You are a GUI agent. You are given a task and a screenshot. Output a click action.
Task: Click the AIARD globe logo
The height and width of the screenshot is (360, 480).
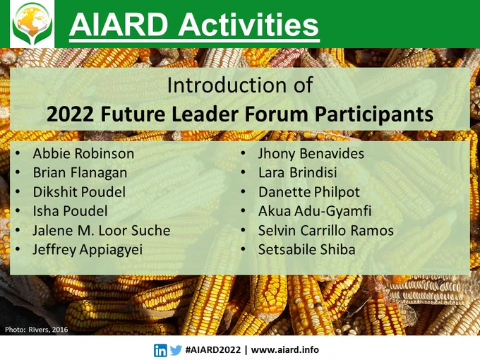pyautogui.click(x=32, y=23)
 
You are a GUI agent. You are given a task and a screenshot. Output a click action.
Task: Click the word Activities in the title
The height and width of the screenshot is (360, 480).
pyautogui.click(x=248, y=25)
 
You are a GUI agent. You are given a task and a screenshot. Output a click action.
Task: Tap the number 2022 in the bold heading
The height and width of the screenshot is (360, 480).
pyautogui.click(x=70, y=114)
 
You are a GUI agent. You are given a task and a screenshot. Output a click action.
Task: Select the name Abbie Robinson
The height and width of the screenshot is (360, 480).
pyautogui.click(x=83, y=153)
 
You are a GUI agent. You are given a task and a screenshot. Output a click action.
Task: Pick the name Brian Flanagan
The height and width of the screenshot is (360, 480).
pyautogui.click(x=80, y=173)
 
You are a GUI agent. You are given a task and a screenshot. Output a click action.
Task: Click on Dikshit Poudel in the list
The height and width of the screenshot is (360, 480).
pyautogui.click(x=79, y=192)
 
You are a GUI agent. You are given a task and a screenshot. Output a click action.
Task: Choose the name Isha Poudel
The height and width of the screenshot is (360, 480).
pyautogui.click(x=71, y=211)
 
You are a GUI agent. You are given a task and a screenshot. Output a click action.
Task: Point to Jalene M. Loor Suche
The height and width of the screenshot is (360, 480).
pyautogui.click(x=102, y=231)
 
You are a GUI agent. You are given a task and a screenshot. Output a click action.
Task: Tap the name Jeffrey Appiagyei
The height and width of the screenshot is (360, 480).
pyautogui.click(x=88, y=250)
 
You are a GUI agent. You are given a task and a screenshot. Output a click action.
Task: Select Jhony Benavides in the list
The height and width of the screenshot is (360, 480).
pyautogui.click(x=311, y=154)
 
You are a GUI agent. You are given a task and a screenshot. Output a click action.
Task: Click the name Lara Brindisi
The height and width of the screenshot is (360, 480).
pyautogui.click(x=298, y=173)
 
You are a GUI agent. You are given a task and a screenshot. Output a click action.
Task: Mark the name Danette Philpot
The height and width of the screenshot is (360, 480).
pyautogui.click(x=309, y=192)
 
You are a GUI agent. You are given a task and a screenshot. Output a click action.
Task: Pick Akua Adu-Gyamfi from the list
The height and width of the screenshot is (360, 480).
pyautogui.click(x=315, y=212)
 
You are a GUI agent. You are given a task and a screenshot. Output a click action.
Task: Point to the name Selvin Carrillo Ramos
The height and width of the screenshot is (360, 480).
pyautogui.click(x=326, y=231)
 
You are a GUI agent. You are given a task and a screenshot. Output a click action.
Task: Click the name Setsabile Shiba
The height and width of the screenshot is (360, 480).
pyautogui.click(x=307, y=249)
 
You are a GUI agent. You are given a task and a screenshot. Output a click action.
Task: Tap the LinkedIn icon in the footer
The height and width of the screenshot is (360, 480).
pyautogui.click(x=160, y=350)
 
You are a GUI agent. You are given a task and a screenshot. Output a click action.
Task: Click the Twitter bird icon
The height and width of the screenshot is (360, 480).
pyautogui.click(x=176, y=350)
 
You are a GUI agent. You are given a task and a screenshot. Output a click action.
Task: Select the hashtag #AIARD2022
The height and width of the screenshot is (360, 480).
pyautogui.click(x=213, y=349)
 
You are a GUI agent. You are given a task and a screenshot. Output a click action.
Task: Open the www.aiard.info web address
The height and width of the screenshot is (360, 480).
pyautogui.click(x=284, y=349)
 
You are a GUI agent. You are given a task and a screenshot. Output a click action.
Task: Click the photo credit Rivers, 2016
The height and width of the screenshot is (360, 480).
pyautogui.click(x=49, y=330)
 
